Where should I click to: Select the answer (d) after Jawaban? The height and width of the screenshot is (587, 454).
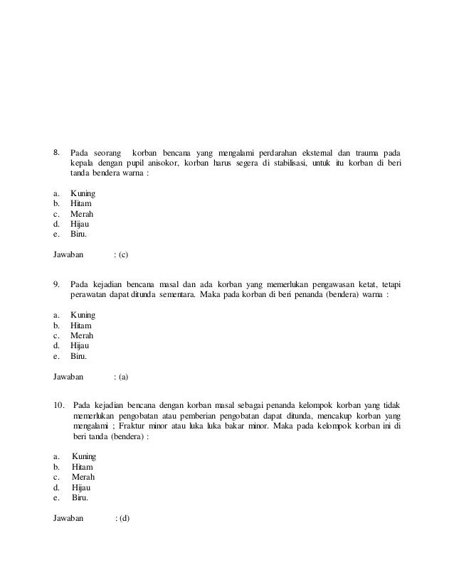123,517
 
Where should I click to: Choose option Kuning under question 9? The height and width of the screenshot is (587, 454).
83,314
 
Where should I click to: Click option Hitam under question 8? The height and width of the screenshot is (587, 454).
82,203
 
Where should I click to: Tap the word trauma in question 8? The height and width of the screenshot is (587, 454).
364,153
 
